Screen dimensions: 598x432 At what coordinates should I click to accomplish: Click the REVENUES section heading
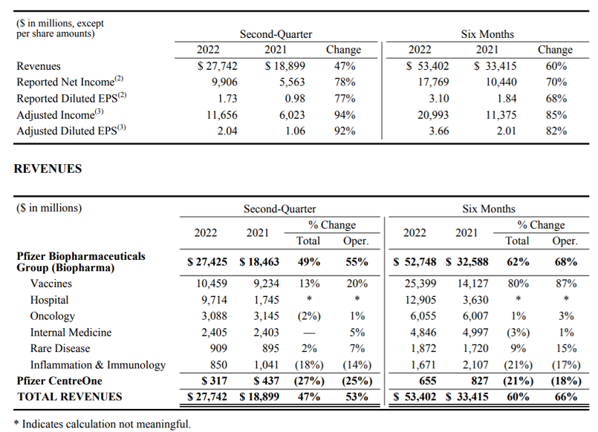click(48, 168)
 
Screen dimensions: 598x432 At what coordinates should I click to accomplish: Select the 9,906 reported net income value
click(224, 82)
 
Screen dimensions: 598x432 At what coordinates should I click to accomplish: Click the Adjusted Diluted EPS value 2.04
click(227, 131)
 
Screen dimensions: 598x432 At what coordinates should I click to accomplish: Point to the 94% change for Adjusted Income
click(345, 114)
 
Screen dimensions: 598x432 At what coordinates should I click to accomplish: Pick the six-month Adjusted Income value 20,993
click(433, 114)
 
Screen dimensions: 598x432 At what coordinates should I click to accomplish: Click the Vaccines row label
click(51, 284)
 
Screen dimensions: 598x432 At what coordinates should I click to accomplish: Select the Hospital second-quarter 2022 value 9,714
click(214, 300)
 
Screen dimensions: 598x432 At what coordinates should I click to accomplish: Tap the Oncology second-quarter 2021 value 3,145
click(266, 315)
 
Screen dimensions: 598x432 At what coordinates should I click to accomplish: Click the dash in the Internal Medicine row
click(309, 333)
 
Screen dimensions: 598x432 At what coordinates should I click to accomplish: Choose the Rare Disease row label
click(60, 348)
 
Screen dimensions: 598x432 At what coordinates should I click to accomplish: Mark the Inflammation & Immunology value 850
click(218, 364)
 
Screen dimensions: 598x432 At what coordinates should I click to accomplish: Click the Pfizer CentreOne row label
click(59, 381)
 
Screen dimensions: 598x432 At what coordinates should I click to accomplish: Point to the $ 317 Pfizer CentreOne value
click(215, 381)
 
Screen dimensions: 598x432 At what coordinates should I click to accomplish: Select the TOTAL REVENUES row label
click(69, 397)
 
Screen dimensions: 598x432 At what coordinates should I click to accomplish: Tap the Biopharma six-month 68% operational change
click(566, 262)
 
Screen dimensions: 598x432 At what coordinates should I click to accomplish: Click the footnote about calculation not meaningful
click(102, 424)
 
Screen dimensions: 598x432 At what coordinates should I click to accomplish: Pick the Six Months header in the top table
click(487, 34)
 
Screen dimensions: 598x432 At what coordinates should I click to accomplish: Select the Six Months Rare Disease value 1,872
click(423, 348)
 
